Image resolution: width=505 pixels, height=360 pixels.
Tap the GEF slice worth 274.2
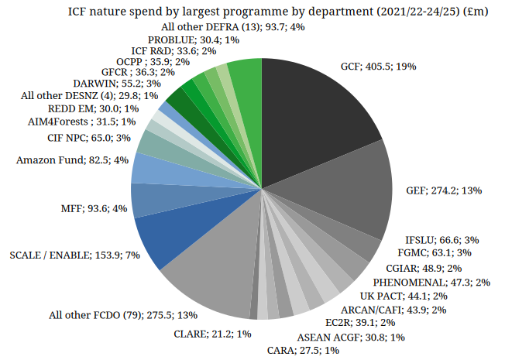pos(341,201)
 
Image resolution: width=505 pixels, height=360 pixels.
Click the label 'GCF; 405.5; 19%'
pos(378,67)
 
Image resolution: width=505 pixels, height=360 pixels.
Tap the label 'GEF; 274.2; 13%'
pos(445,190)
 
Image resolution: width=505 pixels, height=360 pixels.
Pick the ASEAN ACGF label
pos(351,337)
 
